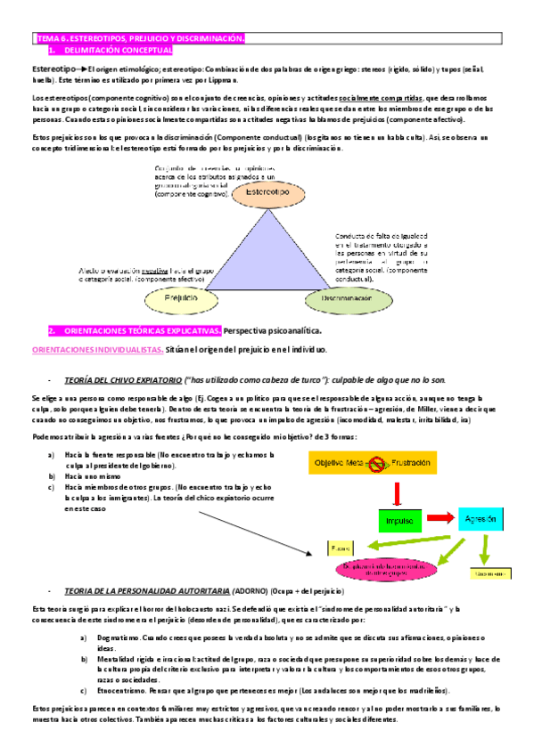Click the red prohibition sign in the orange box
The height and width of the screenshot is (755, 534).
(x=376, y=463)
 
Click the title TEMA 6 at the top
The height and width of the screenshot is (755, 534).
(x=138, y=39)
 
